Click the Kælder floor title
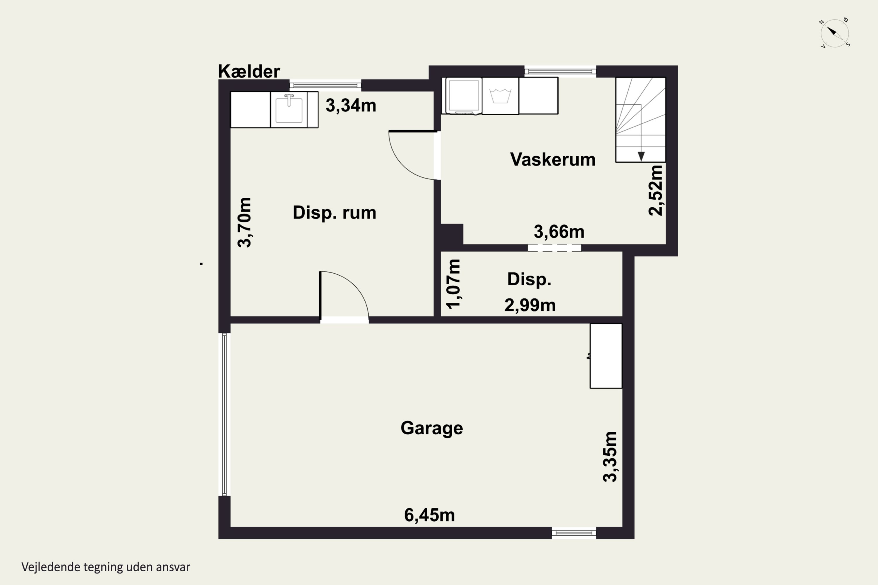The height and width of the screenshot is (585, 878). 249,71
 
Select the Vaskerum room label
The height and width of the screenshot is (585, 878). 553,159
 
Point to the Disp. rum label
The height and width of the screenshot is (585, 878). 334,213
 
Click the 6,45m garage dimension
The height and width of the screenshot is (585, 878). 429,515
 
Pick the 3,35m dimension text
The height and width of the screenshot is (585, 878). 610,457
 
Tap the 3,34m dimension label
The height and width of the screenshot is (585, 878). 351,106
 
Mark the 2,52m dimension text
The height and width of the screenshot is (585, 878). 656,190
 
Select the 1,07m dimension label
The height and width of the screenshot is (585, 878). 454,284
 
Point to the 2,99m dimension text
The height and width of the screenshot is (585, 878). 530,305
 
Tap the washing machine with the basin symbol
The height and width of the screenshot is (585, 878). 500,96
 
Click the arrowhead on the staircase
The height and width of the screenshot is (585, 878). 641,156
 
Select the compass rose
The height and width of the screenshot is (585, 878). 835,33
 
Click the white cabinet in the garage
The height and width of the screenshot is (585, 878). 606,356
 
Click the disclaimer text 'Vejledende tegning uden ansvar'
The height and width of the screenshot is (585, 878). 106,567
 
